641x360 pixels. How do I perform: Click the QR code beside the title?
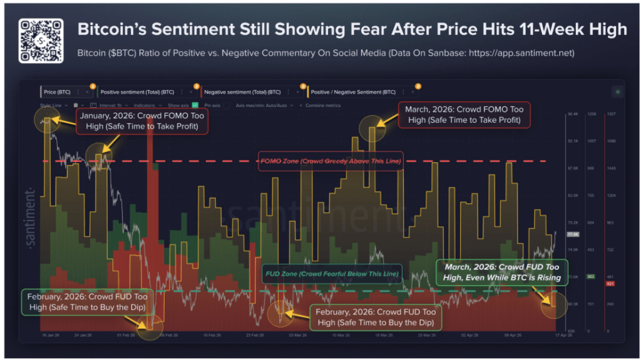click(41, 40)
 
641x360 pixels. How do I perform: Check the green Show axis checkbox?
click(195, 105)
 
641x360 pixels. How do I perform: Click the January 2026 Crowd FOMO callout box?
click(142, 121)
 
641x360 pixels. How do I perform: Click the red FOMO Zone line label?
click(331, 161)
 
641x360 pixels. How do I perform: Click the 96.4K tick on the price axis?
click(572, 115)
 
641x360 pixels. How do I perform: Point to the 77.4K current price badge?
click(572, 234)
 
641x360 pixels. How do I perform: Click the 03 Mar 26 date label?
click(297, 336)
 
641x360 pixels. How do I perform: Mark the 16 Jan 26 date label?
click(50, 336)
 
